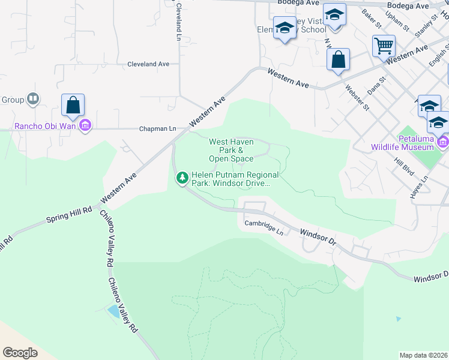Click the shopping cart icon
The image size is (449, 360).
click(384, 45)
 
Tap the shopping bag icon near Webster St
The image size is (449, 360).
click(339, 59)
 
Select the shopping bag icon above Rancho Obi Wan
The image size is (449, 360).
click(73, 105)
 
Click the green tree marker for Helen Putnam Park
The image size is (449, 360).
click(182, 178)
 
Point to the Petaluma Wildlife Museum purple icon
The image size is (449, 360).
click(443, 142)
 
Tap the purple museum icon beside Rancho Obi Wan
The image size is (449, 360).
click(85, 125)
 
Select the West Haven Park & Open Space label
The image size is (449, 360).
click(231, 150)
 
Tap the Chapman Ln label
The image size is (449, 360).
click(157, 128)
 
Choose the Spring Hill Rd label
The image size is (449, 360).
click(69, 215)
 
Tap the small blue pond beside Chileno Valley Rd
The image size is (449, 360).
click(112, 311)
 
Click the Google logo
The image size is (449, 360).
click(20, 352)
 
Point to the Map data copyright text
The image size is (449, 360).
click(423, 355)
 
